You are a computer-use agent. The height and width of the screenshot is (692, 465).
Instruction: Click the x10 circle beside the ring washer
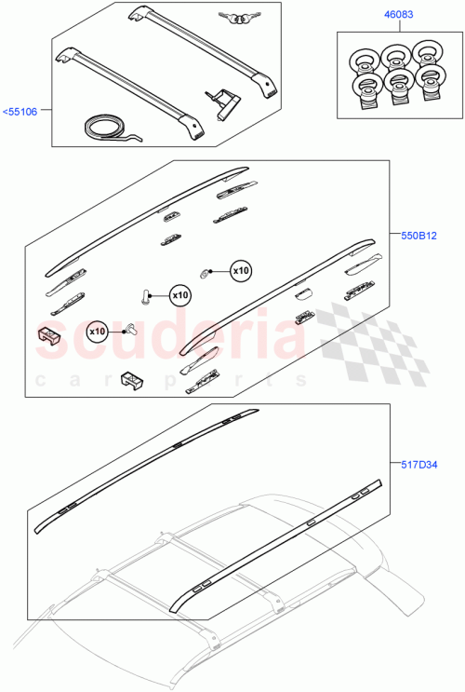[x=240, y=270]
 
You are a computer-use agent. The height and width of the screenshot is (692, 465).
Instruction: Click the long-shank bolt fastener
[x=145, y=296]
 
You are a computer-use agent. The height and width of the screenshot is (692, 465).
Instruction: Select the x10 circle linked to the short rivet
[x=98, y=331]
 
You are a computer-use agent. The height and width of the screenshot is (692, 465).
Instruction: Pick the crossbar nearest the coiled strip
[x=130, y=88]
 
